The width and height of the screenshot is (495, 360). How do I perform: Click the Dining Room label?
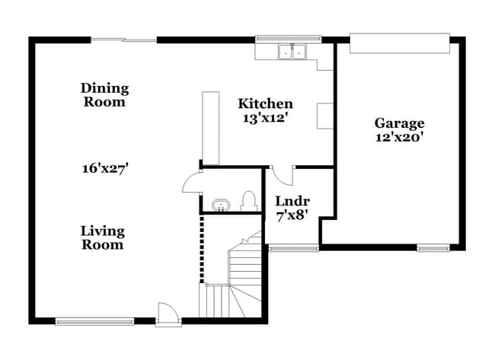click(104, 95)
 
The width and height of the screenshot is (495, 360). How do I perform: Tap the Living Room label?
click(103, 237)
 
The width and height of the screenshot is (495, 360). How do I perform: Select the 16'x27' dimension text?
click(104, 168)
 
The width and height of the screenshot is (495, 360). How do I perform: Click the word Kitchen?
click(265, 104)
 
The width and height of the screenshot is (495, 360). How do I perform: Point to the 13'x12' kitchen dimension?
click(265, 118)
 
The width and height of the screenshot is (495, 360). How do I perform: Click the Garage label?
click(399, 123)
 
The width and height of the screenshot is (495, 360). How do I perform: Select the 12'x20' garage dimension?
click(399, 138)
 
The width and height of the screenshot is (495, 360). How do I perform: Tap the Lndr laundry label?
click(291, 201)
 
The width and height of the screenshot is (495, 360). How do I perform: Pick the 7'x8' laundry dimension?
click(291, 215)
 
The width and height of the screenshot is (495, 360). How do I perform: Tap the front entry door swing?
click(167, 312)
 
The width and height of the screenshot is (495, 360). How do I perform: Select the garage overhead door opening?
click(399, 43)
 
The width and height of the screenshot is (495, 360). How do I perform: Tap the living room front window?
click(94, 321)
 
